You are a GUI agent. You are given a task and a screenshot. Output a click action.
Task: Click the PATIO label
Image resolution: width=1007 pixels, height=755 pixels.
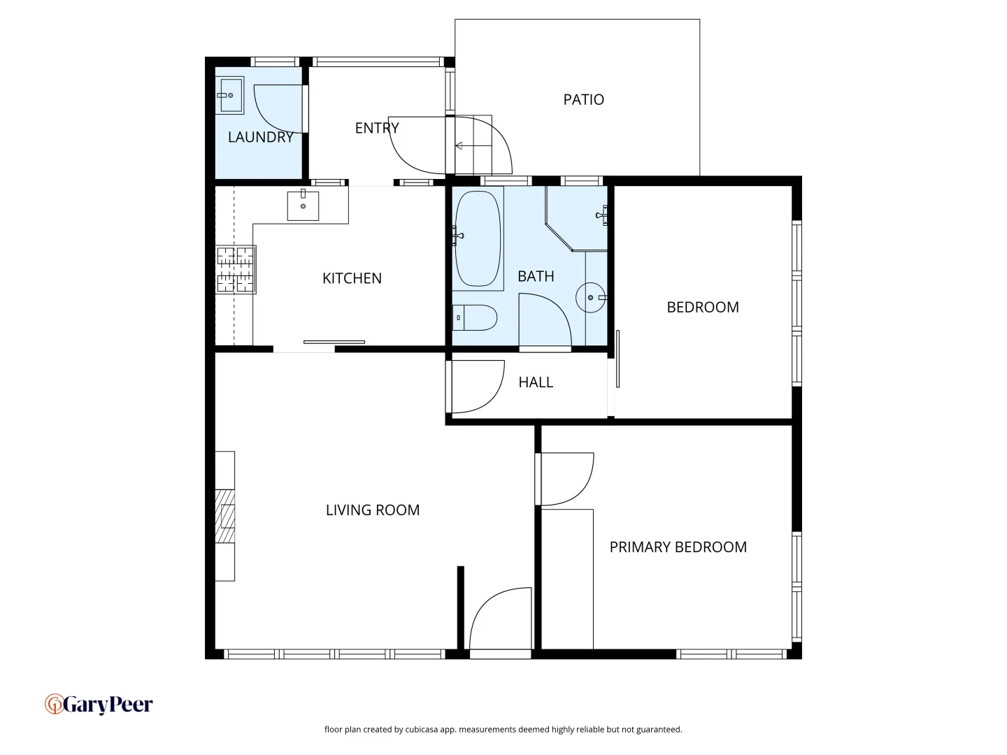[x=583, y=100]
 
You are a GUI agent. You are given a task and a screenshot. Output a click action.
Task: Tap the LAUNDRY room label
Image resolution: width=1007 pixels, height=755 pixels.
[x=260, y=137]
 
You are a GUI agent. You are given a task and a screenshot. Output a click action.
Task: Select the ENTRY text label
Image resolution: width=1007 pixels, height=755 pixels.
[x=377, y=128]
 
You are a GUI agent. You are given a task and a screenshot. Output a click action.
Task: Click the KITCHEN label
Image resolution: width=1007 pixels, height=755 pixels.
[x=352, y=278]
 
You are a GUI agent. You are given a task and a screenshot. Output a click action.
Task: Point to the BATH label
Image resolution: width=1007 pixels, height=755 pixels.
[x=536, y=276]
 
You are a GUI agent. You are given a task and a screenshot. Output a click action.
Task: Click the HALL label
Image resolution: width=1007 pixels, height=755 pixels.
[x=536, y=382]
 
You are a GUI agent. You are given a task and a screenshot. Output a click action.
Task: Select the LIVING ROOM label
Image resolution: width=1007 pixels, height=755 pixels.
[x=373, y=510]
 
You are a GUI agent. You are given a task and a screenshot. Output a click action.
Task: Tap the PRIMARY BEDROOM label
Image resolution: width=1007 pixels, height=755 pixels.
[x=678, y=547]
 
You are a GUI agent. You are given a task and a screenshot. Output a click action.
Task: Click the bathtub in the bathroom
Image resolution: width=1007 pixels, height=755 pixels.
[x=478, y=238]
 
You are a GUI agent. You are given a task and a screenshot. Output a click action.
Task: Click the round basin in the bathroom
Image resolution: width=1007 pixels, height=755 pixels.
[x=591, y=298]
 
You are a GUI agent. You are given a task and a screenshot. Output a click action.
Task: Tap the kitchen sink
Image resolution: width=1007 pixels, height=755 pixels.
[x=303, y=206]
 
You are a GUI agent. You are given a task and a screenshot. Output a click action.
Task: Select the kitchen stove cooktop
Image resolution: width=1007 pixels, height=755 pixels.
[x=236, y=269]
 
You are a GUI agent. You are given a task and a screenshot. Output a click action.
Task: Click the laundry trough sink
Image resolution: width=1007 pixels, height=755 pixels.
[x=229, y=95]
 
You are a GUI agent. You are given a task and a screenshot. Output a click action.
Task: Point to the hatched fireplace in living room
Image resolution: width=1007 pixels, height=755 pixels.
[x=224, y=516]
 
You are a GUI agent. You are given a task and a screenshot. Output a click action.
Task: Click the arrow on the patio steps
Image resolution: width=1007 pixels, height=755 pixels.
[x=459, y=146]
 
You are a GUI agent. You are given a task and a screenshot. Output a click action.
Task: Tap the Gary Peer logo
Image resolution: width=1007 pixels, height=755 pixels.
[x=99, y=704]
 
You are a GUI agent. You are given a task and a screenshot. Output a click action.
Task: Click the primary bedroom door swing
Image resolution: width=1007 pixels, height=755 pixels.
[x=566, y=480]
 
